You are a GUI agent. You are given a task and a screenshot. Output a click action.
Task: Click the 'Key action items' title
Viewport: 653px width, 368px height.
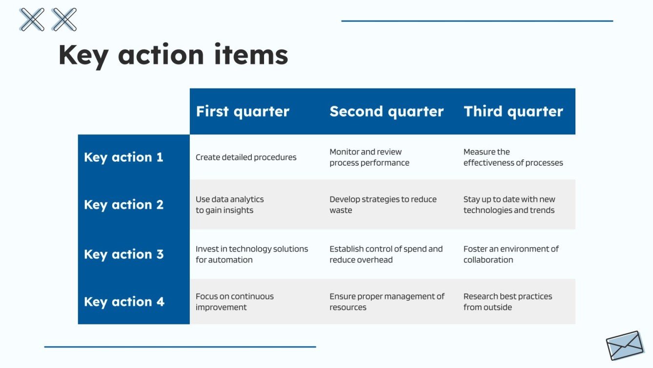[x=173, y=55]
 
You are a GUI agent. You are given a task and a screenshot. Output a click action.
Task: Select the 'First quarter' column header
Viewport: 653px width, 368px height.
[x=243, y=111]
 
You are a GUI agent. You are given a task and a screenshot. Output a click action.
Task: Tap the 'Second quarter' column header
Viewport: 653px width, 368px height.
[x=386, y=111]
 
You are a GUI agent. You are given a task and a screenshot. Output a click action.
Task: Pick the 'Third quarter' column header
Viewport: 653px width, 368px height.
[x=513, y=111]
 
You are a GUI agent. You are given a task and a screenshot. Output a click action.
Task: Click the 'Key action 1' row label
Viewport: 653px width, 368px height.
[x=123, y=157]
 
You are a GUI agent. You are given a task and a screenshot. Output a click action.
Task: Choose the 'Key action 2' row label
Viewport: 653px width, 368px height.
[x=123, y=205]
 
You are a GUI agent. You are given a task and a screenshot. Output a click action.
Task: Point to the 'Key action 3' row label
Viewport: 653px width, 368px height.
[x=123, y=255]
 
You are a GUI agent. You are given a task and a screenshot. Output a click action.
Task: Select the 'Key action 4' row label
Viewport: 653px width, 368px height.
[x=123, y=302]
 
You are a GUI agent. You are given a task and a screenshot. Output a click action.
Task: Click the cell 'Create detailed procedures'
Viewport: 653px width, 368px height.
[x=246, y=157]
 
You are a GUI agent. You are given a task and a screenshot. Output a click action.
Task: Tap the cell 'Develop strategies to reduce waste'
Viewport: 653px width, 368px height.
[x=383, y=205]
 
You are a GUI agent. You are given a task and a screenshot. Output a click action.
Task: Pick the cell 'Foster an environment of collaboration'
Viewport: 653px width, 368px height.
[x=510, y=254]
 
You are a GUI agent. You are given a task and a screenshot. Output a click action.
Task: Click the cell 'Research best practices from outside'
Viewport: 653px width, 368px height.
[x=508, y=302]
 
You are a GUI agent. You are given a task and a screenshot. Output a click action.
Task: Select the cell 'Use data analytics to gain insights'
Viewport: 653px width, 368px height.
[x=229, y=205]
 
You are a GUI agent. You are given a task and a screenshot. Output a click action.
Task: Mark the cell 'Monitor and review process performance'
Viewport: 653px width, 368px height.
[x=369, y=157]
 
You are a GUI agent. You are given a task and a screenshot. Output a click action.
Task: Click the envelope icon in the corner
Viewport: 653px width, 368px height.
[x=625, y=345]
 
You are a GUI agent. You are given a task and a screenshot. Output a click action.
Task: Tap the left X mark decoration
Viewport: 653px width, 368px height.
[x=32, y=20]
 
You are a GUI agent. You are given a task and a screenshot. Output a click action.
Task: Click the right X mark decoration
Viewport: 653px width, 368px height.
[x=64, y=20]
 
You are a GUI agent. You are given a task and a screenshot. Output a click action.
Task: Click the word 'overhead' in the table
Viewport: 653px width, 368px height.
[x=374, y=260]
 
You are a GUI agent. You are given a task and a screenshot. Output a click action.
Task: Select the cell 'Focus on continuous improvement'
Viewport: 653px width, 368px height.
[x=234, y=302]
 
